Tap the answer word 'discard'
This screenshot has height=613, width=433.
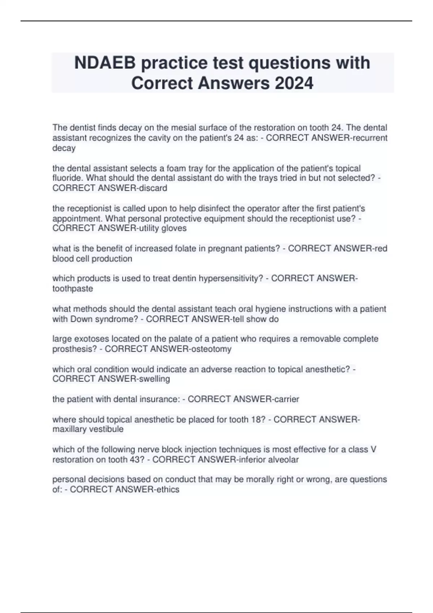(x=155, y=188)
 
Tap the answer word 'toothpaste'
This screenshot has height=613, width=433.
(x=73, y=289)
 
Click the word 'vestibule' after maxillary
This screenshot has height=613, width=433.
(x=108, y=429)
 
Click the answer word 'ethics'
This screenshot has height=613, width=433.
(x=167, y=490)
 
